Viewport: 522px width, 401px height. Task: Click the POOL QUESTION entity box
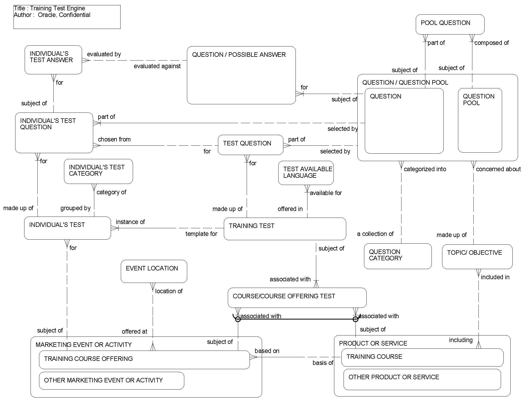(x=450, y=24)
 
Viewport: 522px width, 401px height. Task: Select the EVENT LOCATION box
(x=154, y=271)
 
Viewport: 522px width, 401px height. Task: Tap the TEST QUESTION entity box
(x=250, y=145)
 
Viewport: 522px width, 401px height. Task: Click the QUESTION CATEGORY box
(x=397, y=256)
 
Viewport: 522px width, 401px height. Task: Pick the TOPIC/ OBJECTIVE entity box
(x=477, y=257)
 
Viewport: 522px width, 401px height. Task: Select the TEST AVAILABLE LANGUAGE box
(x=306, y=173)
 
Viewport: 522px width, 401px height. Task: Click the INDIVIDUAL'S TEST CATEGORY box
(x=98, y=171)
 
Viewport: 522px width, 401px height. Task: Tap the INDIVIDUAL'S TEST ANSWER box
(x=53, y=60)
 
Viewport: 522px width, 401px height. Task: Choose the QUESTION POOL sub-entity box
(x=480, y=120)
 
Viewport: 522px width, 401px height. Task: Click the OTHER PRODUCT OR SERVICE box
(x=422, y=380)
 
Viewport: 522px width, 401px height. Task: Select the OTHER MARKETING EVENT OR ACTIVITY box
(x=111, y=381)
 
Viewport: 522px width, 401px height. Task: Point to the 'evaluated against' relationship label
(x=157, y=66)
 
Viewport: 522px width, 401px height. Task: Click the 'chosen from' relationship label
(x=114, y=139)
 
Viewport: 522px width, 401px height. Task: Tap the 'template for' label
(x=201, y=234)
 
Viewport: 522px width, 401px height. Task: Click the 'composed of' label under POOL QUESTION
(x=491, y=43)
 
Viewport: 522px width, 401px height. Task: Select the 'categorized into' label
(x=425, y=169)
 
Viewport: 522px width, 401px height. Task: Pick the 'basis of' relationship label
(x=323, y=363)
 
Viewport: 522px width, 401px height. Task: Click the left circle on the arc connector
(x=238, y=319)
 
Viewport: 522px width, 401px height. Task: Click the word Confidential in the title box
(x=75, y=15)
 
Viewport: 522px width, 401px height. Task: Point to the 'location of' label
(x=169, y=291)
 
